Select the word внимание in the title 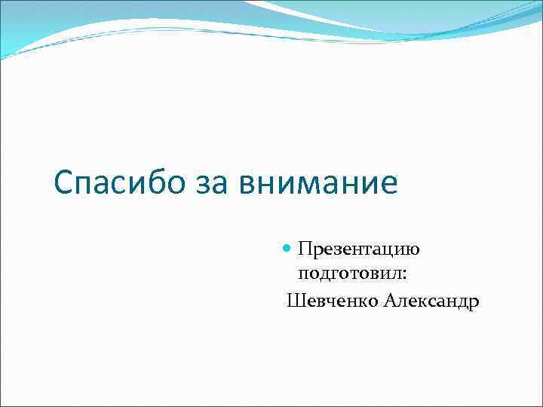[318, 183]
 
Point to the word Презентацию [358, 249]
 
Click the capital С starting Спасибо [65, 183]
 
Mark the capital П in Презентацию [304, 248]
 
